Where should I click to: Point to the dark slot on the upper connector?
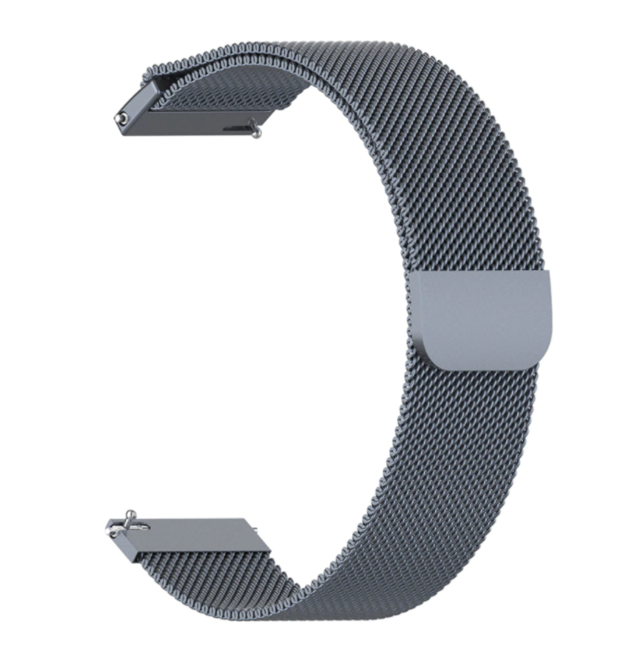[x=236, y=129]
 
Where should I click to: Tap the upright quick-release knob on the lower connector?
[x=129, y=517]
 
